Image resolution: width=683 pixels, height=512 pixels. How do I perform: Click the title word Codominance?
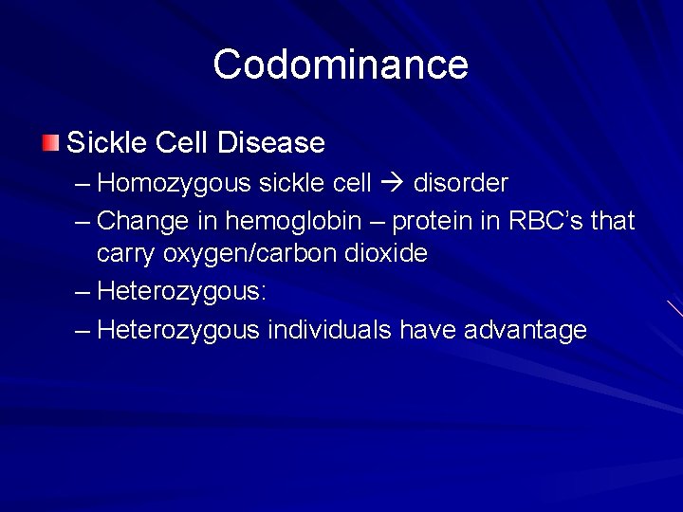[x=341, y=64]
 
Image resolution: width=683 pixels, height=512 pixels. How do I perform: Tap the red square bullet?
[x=50, y=143]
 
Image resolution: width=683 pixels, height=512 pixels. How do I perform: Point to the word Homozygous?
[x=175, y=182]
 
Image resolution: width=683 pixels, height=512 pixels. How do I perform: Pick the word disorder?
[x=461, y=182]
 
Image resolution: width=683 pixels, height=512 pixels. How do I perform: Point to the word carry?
[x=127, y=254]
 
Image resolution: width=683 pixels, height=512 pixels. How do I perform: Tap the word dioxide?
[x=388, y=254]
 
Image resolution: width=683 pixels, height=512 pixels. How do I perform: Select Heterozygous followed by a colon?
[x=181, y=291]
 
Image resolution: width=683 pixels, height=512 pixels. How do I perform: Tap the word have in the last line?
[x=420, y=330]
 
